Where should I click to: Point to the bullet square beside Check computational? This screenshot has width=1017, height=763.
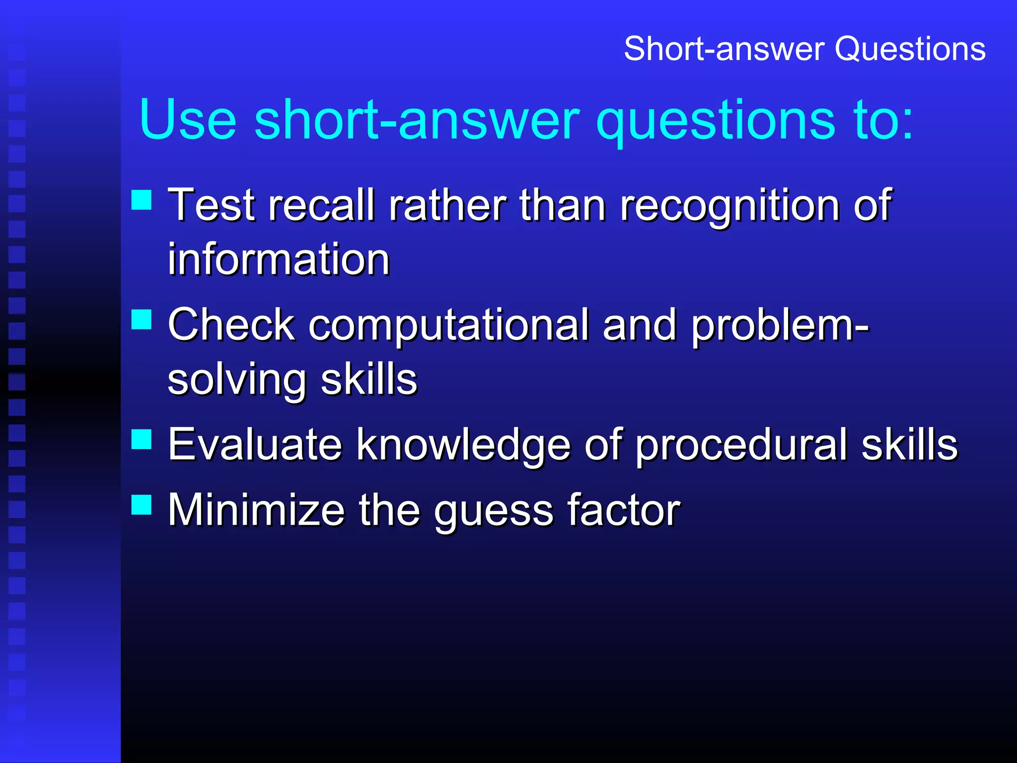(142, 319)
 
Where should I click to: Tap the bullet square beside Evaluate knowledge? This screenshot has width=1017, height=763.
(142, 439)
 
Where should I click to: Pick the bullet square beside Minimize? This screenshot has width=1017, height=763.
(142, 504)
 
